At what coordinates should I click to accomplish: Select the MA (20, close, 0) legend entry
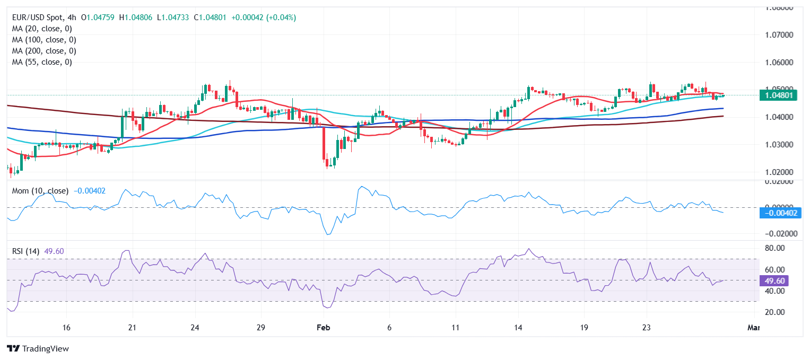click(x=42, y=29)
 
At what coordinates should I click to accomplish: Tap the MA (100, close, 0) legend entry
click(x=44, y=40)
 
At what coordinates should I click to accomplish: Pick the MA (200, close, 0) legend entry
click(x=44, y=51)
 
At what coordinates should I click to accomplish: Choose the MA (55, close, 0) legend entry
click(x=42, y=62)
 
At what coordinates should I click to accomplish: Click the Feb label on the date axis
click(x=324, y=328)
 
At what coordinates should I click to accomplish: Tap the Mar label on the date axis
click(x=753, y=328)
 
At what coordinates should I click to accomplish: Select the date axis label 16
click(x=67, y=328)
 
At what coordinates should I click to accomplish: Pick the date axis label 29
click(x=260, y=328)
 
